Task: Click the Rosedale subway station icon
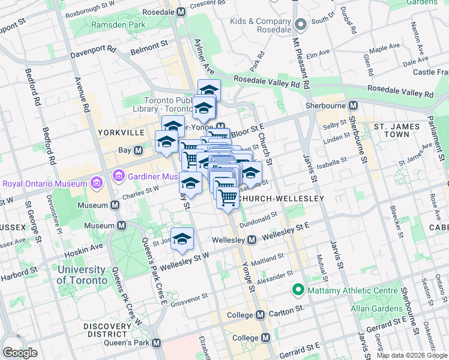click(x=181, y=11)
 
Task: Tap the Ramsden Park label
click(x=118, y=25)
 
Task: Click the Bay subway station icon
click(x=138, y=150)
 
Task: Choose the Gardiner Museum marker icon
click(x=118, y=176)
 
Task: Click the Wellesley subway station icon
click(x=253, y=240)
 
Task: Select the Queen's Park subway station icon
click(x=157, y=343)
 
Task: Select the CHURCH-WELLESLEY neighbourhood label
click(x=281, y=198)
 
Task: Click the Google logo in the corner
click(x=20, y=353)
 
